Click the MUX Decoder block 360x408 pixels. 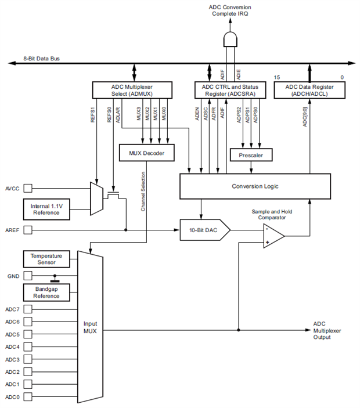point(142,153)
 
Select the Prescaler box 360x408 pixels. point(251,156)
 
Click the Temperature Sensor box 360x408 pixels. point(46,259)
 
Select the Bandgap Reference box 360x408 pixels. point(46,292)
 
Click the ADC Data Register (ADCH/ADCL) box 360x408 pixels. point(308,89)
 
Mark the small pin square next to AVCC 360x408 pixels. point(27,189)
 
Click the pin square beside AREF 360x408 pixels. point(27,230)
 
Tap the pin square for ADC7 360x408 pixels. point(27,309)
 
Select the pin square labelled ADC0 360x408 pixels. point(27,397)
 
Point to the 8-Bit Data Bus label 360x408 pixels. point(41,59)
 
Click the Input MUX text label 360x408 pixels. point(91,328)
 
